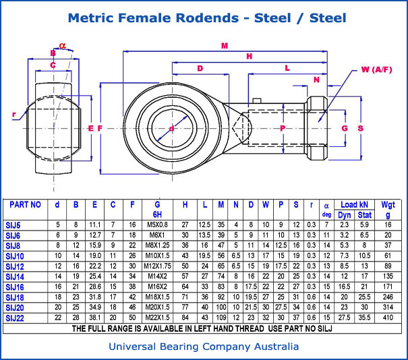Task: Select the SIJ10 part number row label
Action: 15,256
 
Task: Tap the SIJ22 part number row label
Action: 15,317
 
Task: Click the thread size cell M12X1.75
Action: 157,266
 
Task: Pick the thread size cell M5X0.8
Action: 157,225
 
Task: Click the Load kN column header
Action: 354,204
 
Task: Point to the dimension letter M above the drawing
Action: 224,46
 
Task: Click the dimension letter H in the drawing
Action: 250,57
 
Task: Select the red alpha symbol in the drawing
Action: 62,46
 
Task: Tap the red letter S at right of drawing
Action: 360,128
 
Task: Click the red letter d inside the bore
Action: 171,128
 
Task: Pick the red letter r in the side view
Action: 14,115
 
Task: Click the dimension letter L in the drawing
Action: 287,68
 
